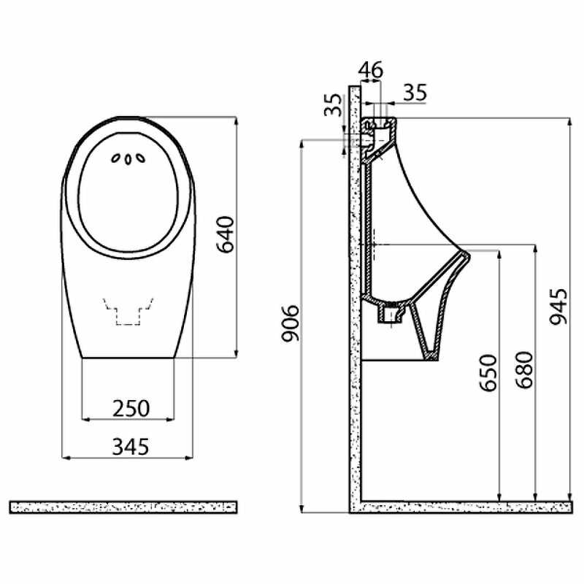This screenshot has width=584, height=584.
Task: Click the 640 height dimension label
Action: pos(226,234)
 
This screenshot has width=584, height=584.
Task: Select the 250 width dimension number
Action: pos(131,408)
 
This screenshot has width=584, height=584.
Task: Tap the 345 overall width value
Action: pos(131,447)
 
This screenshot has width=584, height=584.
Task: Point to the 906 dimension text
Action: pos(290,323)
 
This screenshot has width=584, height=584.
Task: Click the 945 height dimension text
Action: pos(558,307)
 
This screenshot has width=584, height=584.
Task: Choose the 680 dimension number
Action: pos(524,370)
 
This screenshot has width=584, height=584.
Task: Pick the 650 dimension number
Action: pos(488,373)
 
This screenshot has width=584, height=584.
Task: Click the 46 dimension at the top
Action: pos(371,69)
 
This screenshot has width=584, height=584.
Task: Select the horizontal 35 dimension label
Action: pos(415,93)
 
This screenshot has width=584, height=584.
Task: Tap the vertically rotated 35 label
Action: pos(333,105)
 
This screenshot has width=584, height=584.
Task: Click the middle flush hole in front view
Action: pos(128,159)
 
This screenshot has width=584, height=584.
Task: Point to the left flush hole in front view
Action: pos(116,158)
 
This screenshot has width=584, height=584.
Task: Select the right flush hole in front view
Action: pos(140,158)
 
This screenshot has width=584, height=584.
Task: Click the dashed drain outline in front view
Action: pos(128,312)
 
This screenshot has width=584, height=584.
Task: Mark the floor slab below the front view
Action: pos(123,507)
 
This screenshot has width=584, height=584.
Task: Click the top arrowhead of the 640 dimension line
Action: pos(235,120)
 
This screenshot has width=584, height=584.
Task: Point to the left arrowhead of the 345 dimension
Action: pos(66,458)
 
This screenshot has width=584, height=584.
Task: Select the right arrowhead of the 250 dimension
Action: pos(171,419)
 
